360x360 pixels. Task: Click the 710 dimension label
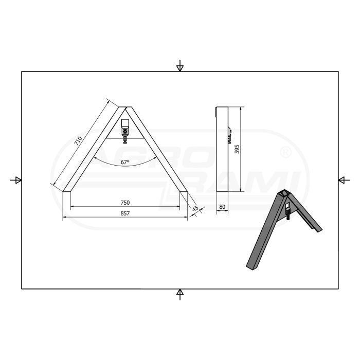[79, 141]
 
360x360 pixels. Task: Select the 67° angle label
[125, 162]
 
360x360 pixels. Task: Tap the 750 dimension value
[125, 203]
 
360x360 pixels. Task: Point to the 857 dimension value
[125, 213]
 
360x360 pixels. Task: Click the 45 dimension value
[195, 209]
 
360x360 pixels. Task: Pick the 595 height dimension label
[237, 149]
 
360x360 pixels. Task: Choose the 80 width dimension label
[222, 207]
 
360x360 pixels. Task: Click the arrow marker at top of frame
[180, 66]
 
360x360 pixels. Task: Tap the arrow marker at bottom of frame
[180, 294]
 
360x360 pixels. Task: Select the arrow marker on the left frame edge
[16, 180]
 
